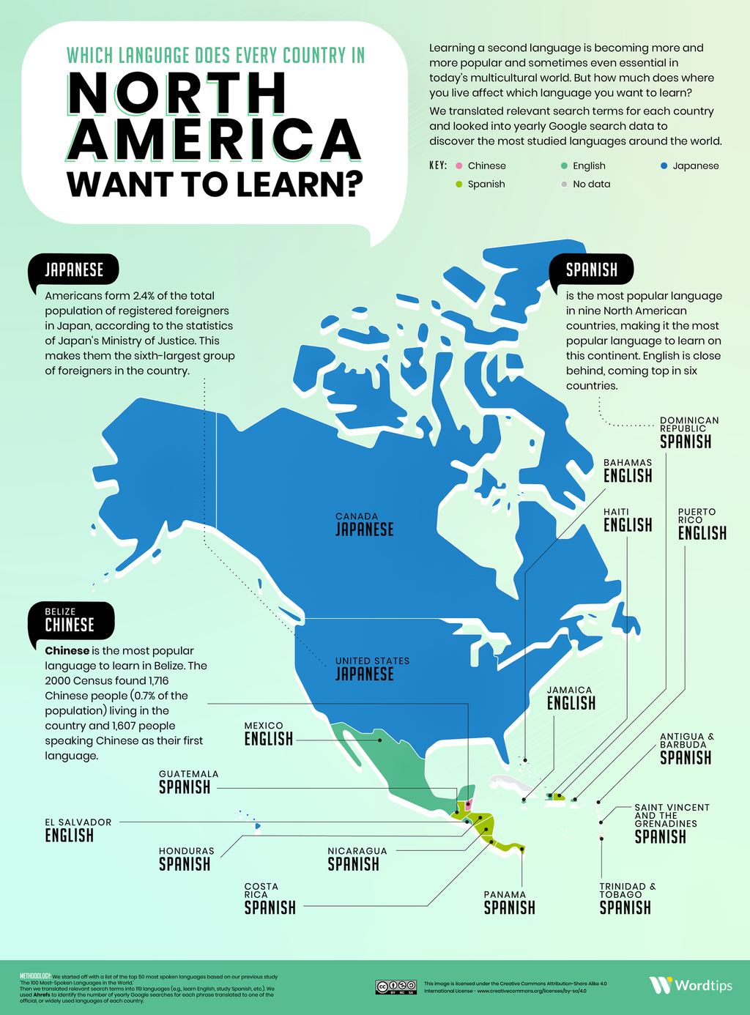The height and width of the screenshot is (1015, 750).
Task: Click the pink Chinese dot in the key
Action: [x=459, y=166]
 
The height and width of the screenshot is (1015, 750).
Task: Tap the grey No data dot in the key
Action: [x=564, y=185]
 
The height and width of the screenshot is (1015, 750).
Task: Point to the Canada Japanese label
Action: [x=364, y=525]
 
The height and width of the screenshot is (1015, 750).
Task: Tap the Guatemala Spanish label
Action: [x=188, y=783]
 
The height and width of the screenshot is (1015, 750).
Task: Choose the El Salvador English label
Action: [x=78, y=830]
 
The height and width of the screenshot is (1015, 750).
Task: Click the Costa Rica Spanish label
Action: [x=270, y=899]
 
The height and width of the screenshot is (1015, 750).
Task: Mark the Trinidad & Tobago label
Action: [x=627, y=899]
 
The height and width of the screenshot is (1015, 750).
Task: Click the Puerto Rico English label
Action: [x=702, y=525]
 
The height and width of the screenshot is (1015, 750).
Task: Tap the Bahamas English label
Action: [x=628, y=471]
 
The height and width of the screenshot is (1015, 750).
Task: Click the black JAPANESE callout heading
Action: [x=74, y=270]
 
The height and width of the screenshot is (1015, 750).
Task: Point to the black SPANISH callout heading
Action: [x=592, y=270]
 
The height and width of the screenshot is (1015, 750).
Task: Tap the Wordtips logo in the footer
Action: [x=690, y=985]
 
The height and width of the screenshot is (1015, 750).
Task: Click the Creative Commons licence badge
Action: [x=396, y=986]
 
